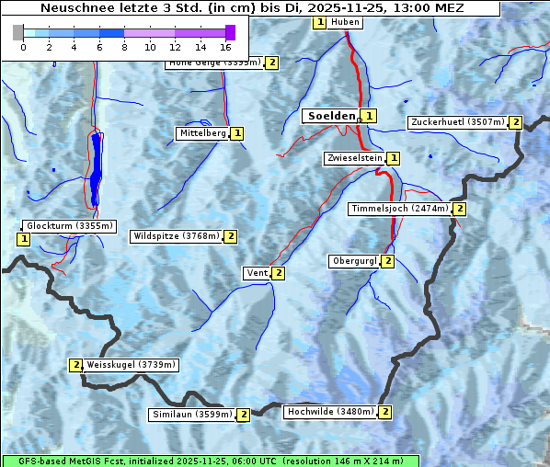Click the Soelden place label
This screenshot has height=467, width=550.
[x=329, y=116]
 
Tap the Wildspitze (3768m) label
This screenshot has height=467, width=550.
[x=177, y=236]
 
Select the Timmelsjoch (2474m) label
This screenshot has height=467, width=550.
[x=400, y=209]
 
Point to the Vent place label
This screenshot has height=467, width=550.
[x=257, y=273]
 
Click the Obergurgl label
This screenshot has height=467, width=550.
[x=354, y=261]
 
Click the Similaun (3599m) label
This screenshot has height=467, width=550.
[x=191, y=415]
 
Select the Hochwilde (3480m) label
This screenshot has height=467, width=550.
[x=329, y=412]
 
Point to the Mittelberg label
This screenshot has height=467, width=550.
[x=202, y=133]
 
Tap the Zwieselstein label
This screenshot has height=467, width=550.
[x=354, y=159]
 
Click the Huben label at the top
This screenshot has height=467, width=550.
[x=345, y=22]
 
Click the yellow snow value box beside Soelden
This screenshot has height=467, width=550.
[x=369, y=116]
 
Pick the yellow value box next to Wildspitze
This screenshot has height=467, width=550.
[x=231, y=236]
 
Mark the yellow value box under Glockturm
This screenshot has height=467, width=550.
[x=23, y=239]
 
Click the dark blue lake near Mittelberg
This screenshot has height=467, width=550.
[x=96, y=170]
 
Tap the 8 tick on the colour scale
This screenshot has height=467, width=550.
[x=124, y=46]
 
